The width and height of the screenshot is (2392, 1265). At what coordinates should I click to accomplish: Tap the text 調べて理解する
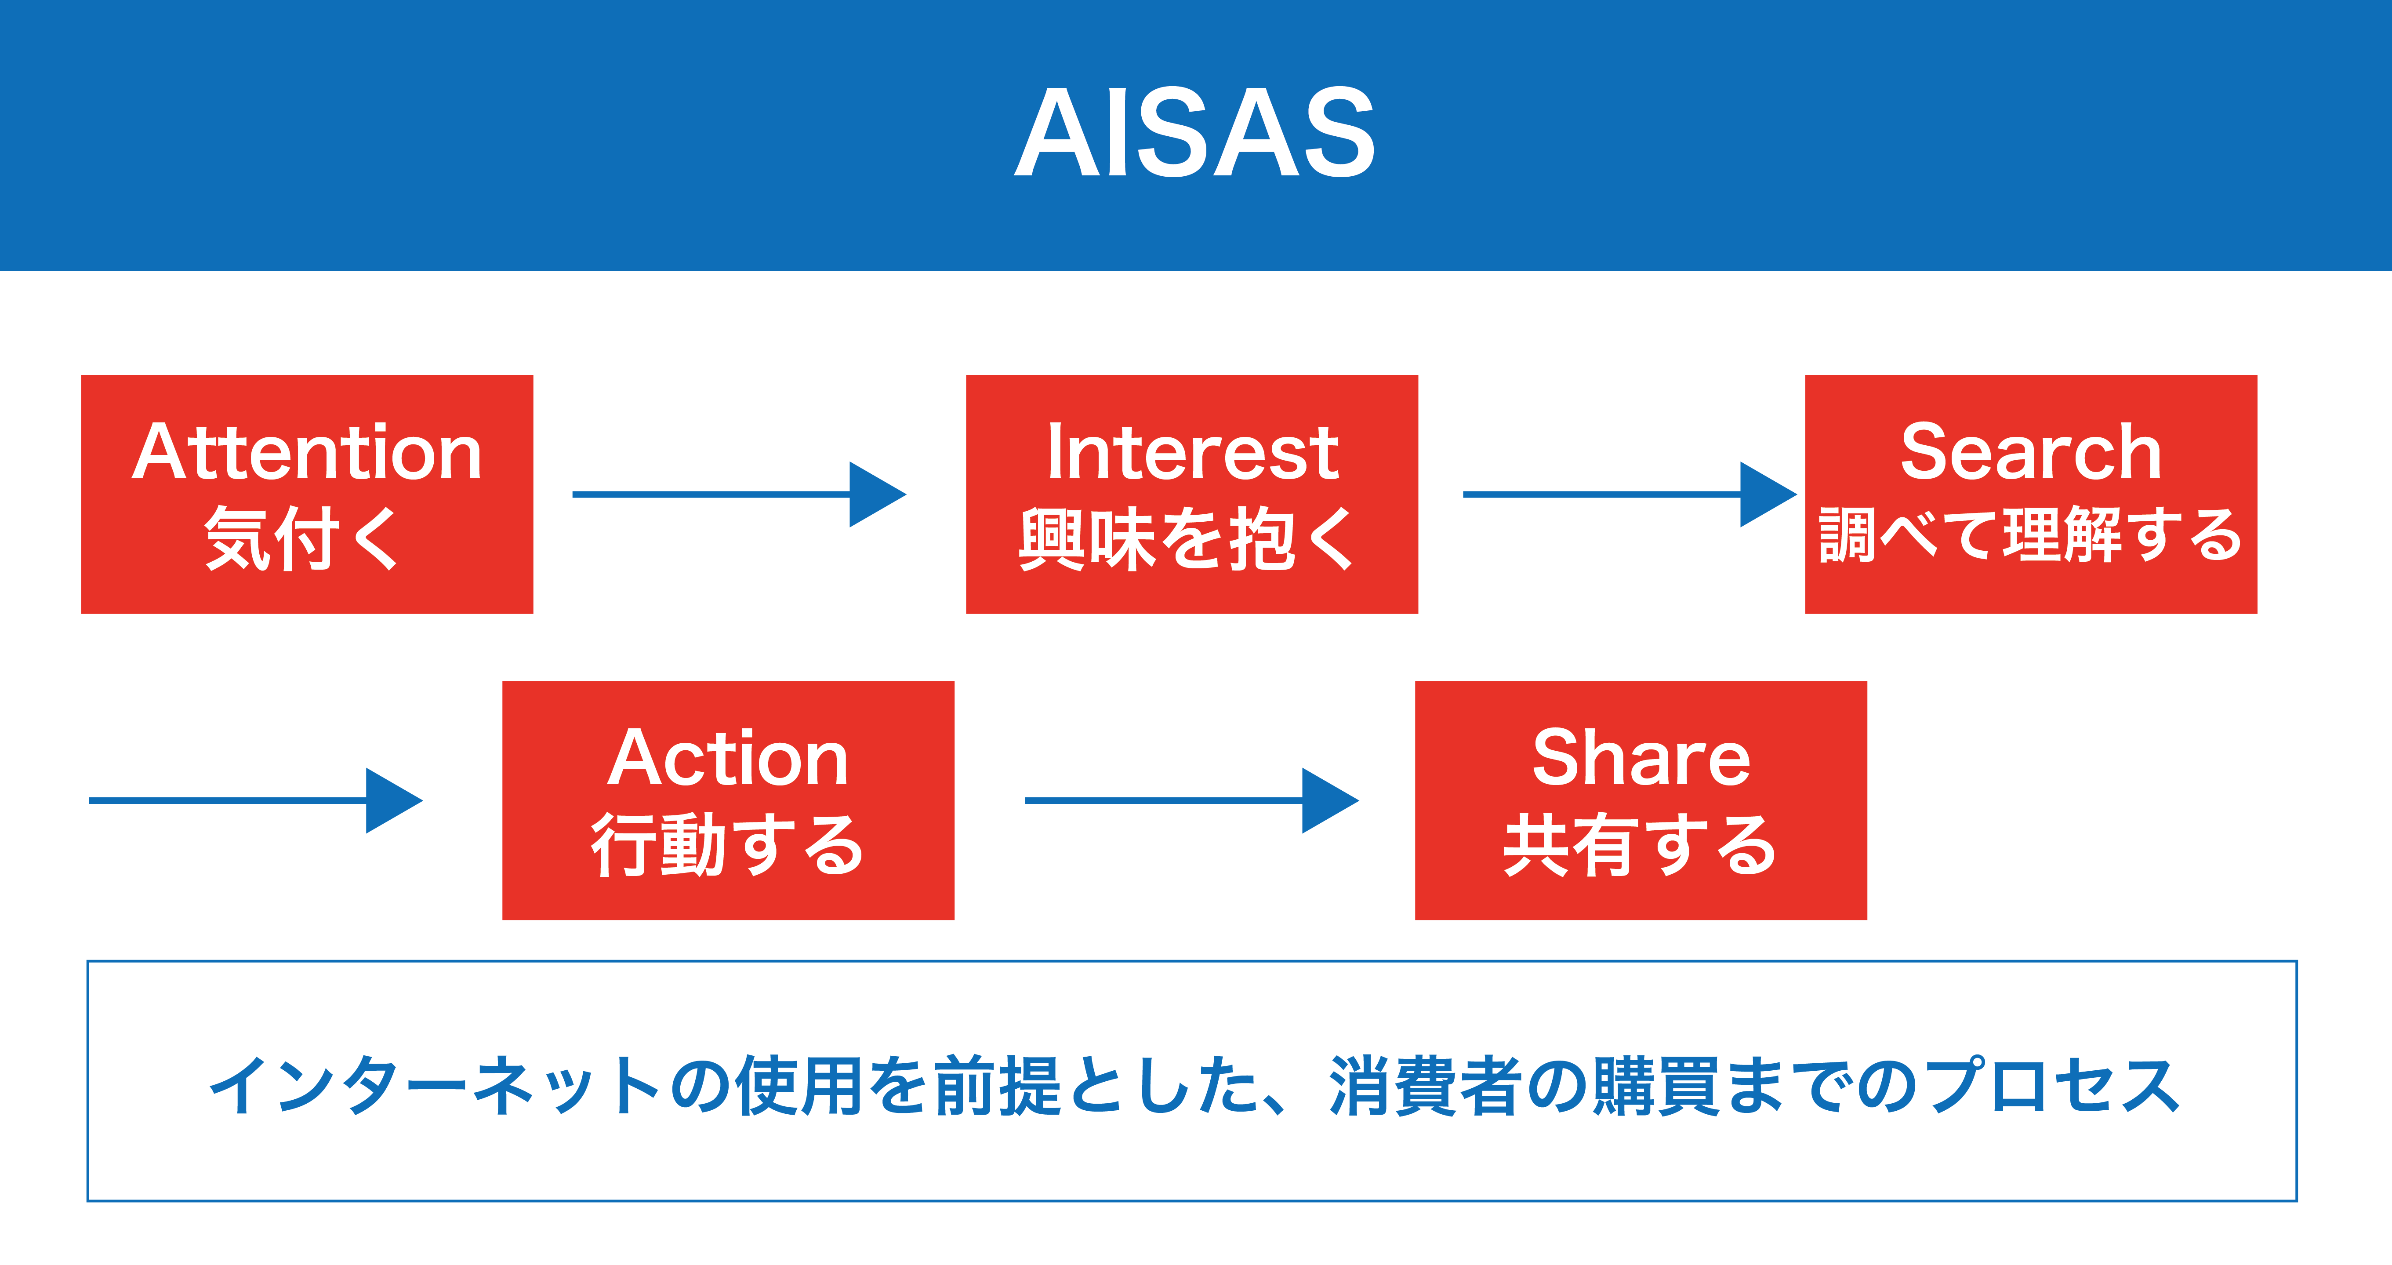[x=2031, y=535]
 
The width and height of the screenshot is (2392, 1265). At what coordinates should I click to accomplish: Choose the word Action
[x=728, y=758]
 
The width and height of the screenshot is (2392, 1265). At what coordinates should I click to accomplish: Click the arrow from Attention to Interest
[x=739, y=494]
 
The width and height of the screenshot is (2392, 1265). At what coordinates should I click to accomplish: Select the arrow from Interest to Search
[x=1630, y=494]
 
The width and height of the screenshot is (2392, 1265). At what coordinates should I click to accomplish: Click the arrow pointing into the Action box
[x=255, y=800]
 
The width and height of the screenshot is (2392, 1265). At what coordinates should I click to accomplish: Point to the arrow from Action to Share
[x=1191, y=800]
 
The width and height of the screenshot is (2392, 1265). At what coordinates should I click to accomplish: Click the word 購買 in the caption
[x=1658, y=1085]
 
